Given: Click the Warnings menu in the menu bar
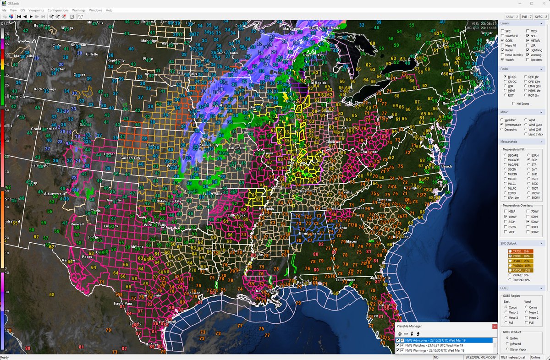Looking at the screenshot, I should [x=78, y=10].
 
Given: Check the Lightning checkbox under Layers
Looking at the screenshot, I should [x=528, y=50].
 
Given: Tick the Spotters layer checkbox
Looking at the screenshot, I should [x=528, y=60].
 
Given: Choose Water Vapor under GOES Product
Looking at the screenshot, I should [x=506, y=350].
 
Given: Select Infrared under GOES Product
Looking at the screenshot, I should [x=506, y=344].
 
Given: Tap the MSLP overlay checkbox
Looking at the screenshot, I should [x=505, y=211].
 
